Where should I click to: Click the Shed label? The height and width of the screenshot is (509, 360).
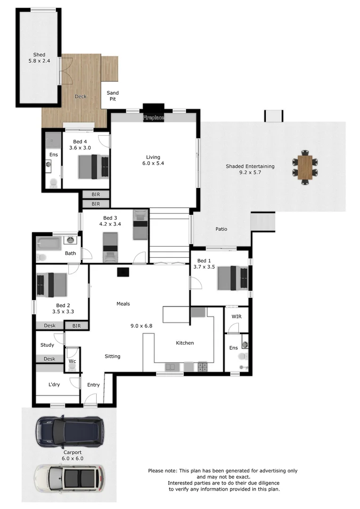(x=39, y=55)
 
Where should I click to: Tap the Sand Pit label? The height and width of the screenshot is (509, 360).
(x=112, y=96)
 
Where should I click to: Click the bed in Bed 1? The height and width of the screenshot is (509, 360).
(x=232, y=278)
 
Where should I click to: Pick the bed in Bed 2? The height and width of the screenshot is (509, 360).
(x=52, y=285)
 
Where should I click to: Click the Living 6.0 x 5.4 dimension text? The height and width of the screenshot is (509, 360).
(x=153, y=164)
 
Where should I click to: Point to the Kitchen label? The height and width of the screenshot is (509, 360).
(x=185, y=343)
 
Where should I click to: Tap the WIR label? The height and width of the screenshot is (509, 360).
(x=236, y=316)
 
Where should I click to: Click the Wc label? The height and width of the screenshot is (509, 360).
(x=72, y=361)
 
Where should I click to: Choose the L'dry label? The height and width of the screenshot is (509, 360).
(x=54, y=385)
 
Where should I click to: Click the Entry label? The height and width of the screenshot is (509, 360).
(x=93, y=385)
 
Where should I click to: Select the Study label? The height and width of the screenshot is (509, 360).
(x=47, y=345)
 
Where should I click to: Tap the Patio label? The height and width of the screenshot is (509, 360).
(x=221, y=229)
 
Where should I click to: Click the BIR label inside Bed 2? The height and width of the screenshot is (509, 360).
(x=76, y=325)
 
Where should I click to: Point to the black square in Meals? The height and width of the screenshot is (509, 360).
(x=123, y=272)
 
